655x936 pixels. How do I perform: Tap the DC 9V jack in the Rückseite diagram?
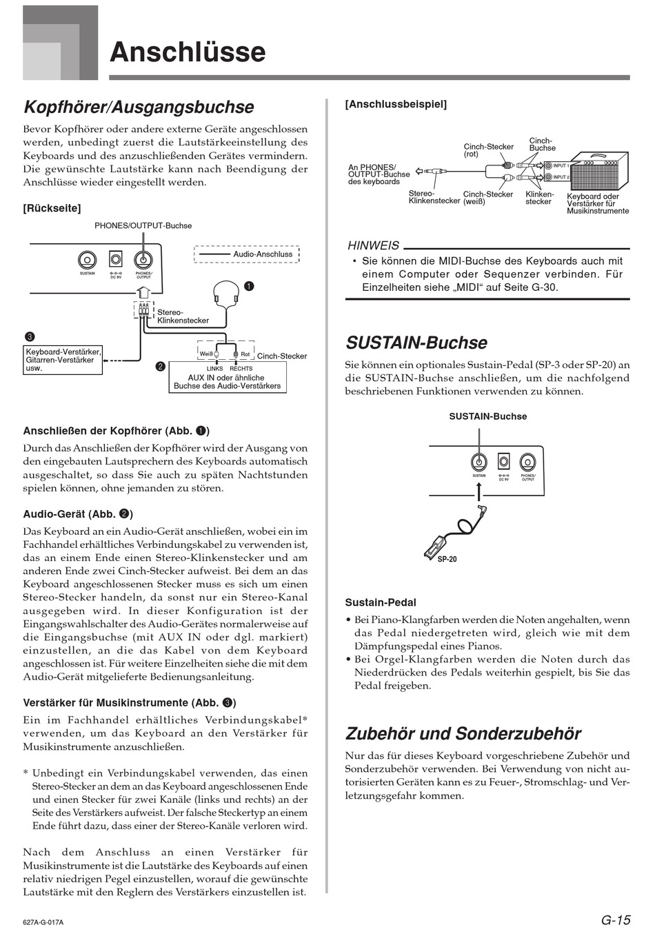pyautogui.click(x=116, y=260)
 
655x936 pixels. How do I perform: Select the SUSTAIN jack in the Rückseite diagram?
pyautogui.click(x=88, y=260)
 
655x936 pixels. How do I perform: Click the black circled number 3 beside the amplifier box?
pyautogui.click(x=30, y=336)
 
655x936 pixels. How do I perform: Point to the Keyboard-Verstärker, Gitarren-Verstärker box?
pyautogui.click(x=63, y=360)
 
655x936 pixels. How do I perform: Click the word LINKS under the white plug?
pyautogui.click(x=214, y=369)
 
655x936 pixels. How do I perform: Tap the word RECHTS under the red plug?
pyautogui.click(x=241, y=369)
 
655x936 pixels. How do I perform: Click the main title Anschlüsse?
pyautogui.click(x=188, y=52)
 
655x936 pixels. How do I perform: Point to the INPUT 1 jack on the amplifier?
pyautogui.click(x=548, y=166)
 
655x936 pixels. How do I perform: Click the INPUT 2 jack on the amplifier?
pyautogui.click(x=548, y=177)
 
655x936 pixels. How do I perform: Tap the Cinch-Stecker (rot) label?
pyautogui.click(x=488, y=150)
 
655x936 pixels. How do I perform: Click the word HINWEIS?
pyautogui.click(x=373, y=245)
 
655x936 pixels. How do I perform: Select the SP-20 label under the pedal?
pyautogui.click(x=447, y=559)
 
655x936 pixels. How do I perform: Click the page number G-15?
pyautogui.click(x=616, y=920)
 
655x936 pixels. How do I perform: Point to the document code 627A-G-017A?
pyautogui.click(x=48, y=922)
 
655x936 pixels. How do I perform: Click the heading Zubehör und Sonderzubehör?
pyautogui.click(x=463, y=733)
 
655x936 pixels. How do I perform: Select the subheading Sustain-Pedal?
pyautogui.click(x=381, y=602)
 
